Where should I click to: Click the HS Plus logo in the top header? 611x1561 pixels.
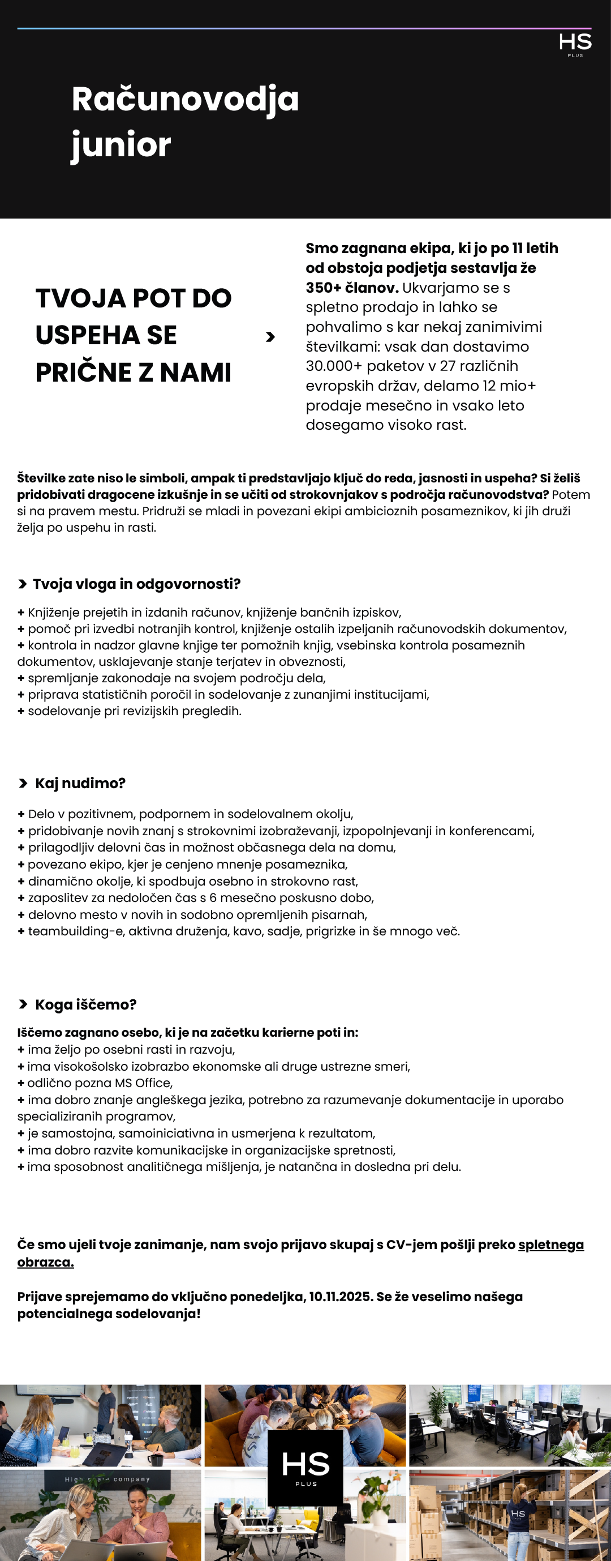[x=575, y=44]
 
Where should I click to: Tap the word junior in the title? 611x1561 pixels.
[x=121, y=146]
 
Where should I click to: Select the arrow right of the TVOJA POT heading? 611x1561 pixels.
[x=270, y=337]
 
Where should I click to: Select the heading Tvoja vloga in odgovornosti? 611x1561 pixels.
[x=136, y=584]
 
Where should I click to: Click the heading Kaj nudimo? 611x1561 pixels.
[x=80, y=783]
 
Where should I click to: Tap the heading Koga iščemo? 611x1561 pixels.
[x=85, y=1004]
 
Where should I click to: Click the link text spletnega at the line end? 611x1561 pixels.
[x=550, y=1244]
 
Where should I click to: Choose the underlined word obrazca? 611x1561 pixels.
[x=45, y=1262]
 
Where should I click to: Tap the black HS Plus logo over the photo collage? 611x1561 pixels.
[x=305, y=1468]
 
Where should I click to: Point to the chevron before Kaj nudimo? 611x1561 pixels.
[x=23, y=784]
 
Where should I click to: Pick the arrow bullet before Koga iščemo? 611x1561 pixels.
[x=23, y=1004]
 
